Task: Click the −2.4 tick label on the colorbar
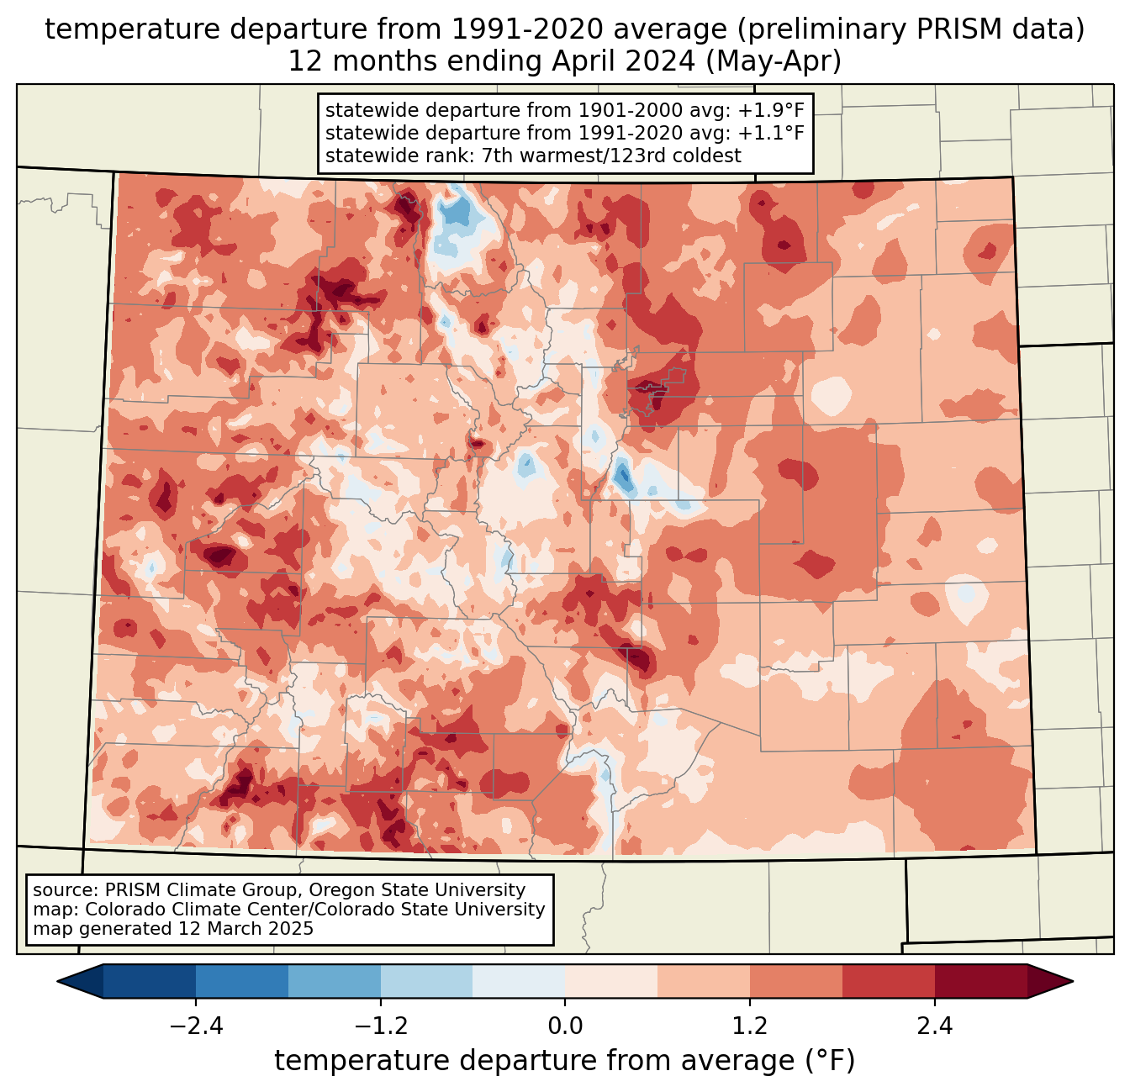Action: pyautogui.click(x=196, y=1026)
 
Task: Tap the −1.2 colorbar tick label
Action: pyautogui.click(x=381, y=1026)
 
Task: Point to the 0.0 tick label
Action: pyautogui.click(x=565, y=1026)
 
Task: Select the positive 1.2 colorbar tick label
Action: pyautogui.click(x=750, y=1026)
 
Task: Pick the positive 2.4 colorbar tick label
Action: pyautogui.click(x=935, y=1026)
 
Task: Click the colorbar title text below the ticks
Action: pyautogui.click(x=565, y=1060)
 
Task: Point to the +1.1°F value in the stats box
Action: pyautogui.click(x=771, y=133)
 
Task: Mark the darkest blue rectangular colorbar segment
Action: pyautogui.click(x=150, y=982)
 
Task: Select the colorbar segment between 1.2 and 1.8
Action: pyautogui.click(x=796, y=982)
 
